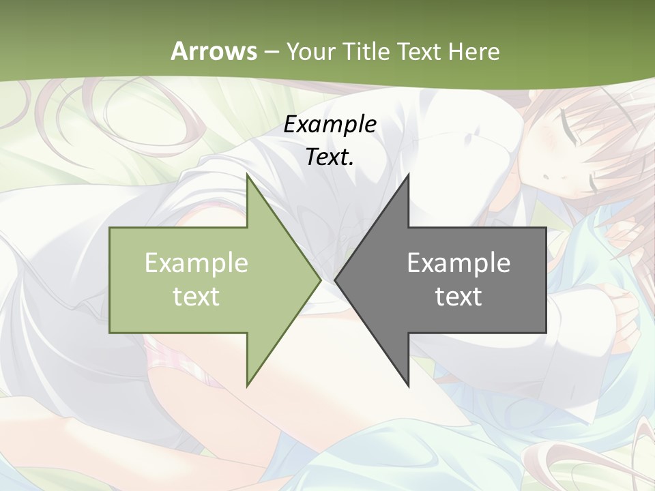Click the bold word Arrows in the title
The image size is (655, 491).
[x=214, y=51]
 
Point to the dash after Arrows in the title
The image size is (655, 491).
[x=271, y=52]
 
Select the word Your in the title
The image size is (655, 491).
[x=307, y=52]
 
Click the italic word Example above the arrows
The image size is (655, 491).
[x=330, y=125]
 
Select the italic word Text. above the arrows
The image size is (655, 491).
[x=330, y=157]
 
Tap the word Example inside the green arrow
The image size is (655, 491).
[x=196, y=263]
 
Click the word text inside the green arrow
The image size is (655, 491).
[x=196, y=297]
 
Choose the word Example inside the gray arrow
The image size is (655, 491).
[x=458, y=263]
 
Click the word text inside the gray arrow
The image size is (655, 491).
[x=458, y=297]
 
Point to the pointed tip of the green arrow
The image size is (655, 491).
[x=320, y=280]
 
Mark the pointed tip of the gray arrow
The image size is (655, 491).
[x=336, y=280]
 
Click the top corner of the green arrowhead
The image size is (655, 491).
[x=247, y=175]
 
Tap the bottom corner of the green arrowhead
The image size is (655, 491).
[x=247, y=386]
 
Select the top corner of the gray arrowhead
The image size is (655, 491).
[x=408, y=175]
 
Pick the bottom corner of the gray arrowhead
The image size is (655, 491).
[x=408, y=386]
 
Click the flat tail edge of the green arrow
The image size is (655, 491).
[x=110, y=280]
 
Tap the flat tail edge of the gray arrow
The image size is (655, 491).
[x=546, y=280]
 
